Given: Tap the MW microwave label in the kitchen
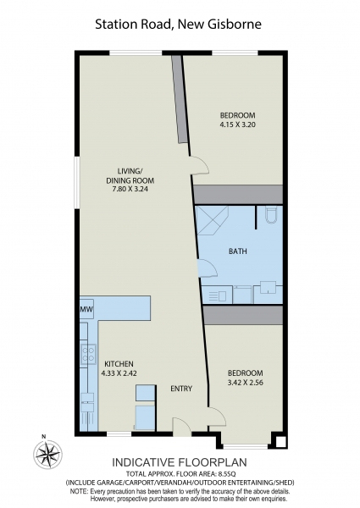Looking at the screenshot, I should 86,311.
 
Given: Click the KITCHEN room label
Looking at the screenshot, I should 117,364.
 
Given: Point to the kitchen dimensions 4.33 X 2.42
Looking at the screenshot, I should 117,373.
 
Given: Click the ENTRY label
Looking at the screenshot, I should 181,389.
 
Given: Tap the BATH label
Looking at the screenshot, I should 238,251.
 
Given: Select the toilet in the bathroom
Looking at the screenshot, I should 269,216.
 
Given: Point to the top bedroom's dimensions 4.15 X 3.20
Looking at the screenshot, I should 237,124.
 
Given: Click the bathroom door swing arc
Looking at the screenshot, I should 208,268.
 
